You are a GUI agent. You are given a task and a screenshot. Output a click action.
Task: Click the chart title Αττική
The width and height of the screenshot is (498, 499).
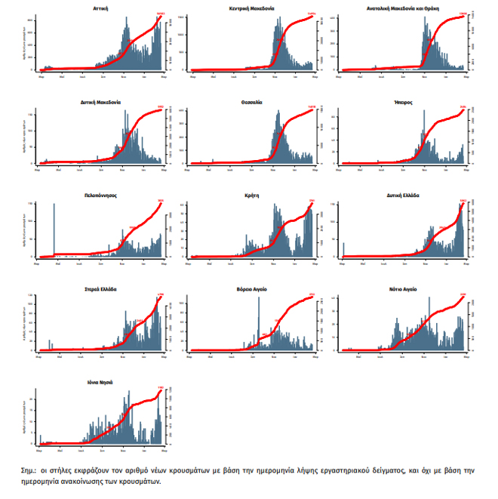tap(100, 8)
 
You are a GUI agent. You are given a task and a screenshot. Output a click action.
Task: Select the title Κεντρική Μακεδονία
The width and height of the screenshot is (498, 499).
tap(251, 8)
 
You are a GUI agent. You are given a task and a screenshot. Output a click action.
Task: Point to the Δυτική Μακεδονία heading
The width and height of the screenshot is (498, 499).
tap(100, 101)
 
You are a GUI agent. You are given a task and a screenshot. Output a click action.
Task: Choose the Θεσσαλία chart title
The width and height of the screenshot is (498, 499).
tap(251, 101)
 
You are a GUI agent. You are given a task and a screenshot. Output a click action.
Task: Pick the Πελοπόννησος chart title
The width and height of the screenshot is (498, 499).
tap(100, 195)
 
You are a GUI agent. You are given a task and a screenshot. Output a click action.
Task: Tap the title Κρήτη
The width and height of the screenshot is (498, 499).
tap(251, 195)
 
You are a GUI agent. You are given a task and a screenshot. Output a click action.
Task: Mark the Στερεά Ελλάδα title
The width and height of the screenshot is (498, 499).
tap(100, 288)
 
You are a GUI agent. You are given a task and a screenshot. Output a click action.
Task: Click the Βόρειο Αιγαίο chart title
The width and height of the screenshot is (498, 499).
tap(251, 288)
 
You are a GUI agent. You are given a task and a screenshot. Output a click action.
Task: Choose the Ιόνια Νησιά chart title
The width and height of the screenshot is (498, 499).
tap(100, 382)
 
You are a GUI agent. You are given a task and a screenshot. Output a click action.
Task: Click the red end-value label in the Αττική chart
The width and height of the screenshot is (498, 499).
tap(160, 14)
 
